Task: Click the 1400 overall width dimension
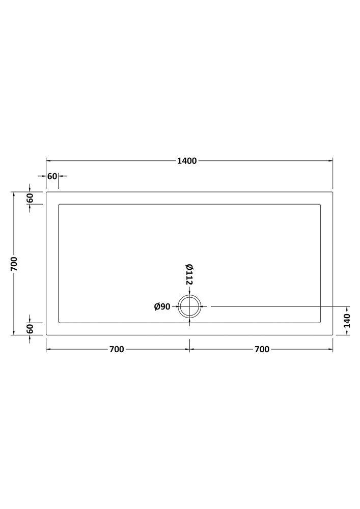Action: (x=187, y=161)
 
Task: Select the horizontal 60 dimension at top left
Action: (x=52, y=176)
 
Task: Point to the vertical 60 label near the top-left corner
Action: (x=30, y=198)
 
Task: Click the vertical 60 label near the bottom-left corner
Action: (x=30, y=329)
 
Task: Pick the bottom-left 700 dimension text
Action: (x=117, y=349)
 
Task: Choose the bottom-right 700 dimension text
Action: (x=262, y=349)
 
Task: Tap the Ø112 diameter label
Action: (x=189, y=275)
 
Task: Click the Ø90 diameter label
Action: (x=162, y=306)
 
